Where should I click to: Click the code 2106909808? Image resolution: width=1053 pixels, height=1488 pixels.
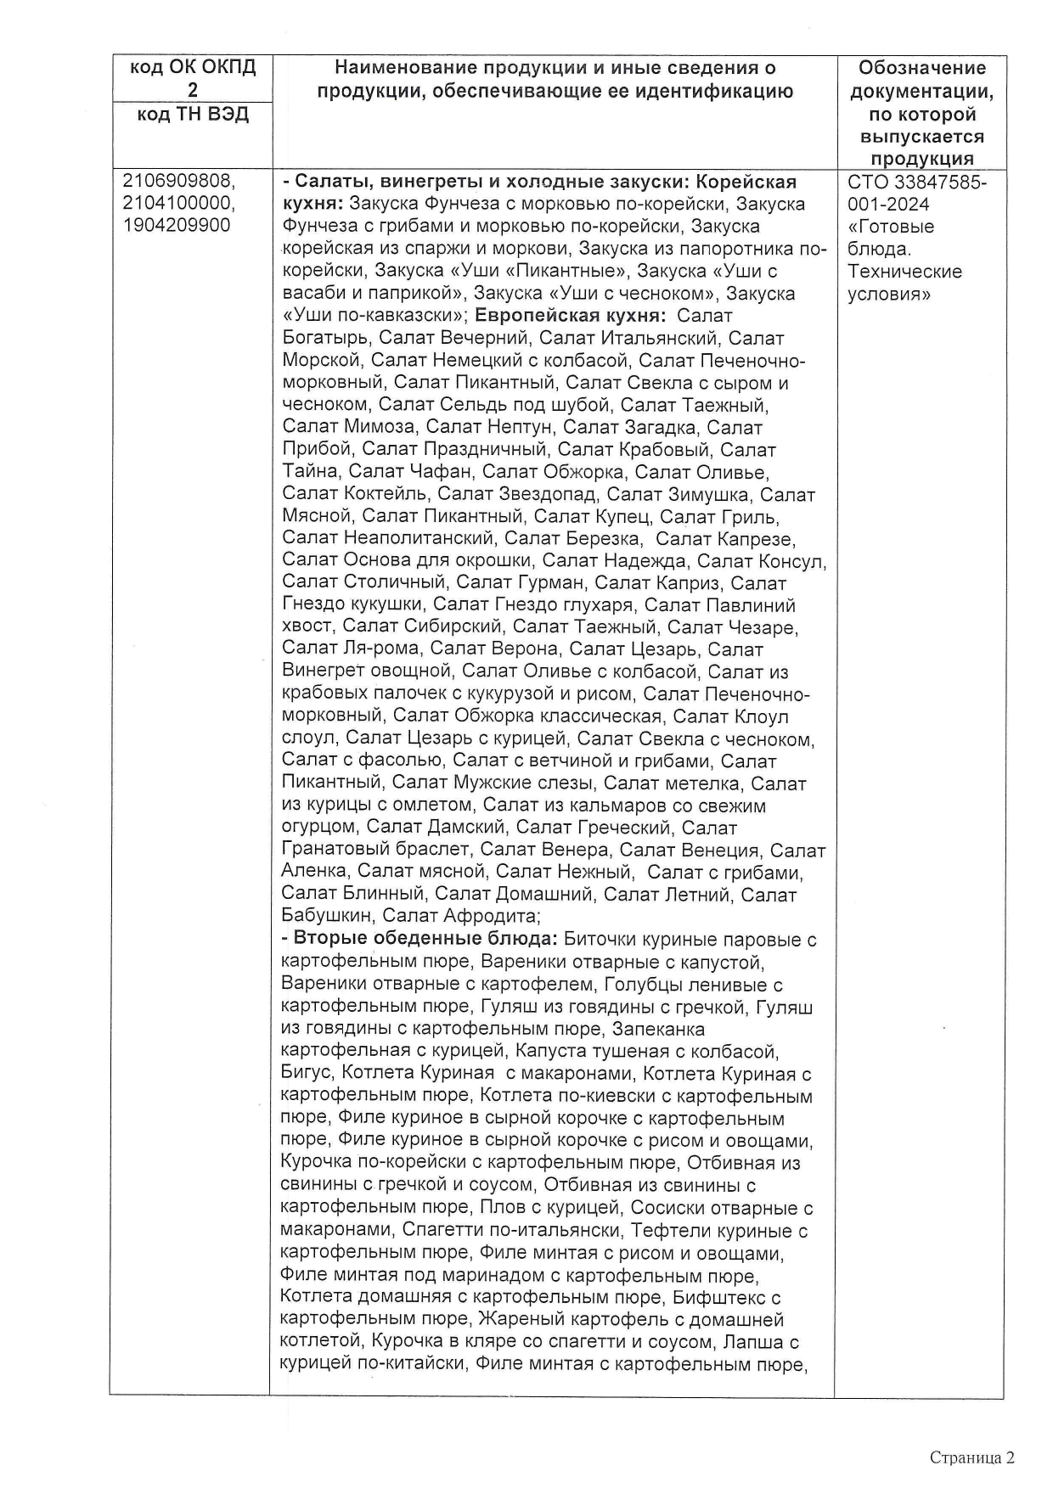coord(178,182)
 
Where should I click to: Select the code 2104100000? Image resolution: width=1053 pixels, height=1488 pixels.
coord(178,204)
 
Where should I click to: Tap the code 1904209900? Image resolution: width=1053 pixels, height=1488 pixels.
coord(177,226)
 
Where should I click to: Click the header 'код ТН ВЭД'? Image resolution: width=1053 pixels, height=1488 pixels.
coord(193,115)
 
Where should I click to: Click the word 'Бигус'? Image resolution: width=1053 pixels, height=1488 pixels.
coord(306,1073)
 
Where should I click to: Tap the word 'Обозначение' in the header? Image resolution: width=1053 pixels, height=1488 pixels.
coord(921,68)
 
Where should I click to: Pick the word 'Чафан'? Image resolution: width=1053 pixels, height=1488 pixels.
coord(415,472)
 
